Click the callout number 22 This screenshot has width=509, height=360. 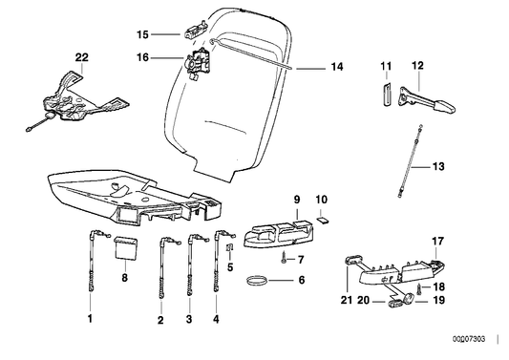[x=80, y=58]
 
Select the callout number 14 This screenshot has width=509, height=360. [x=335, y=67]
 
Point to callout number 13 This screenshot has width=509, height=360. [x=438, y=166]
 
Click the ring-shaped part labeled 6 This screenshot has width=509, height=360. [x=256, y=282]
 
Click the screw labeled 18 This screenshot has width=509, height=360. [x=416, y=286]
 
